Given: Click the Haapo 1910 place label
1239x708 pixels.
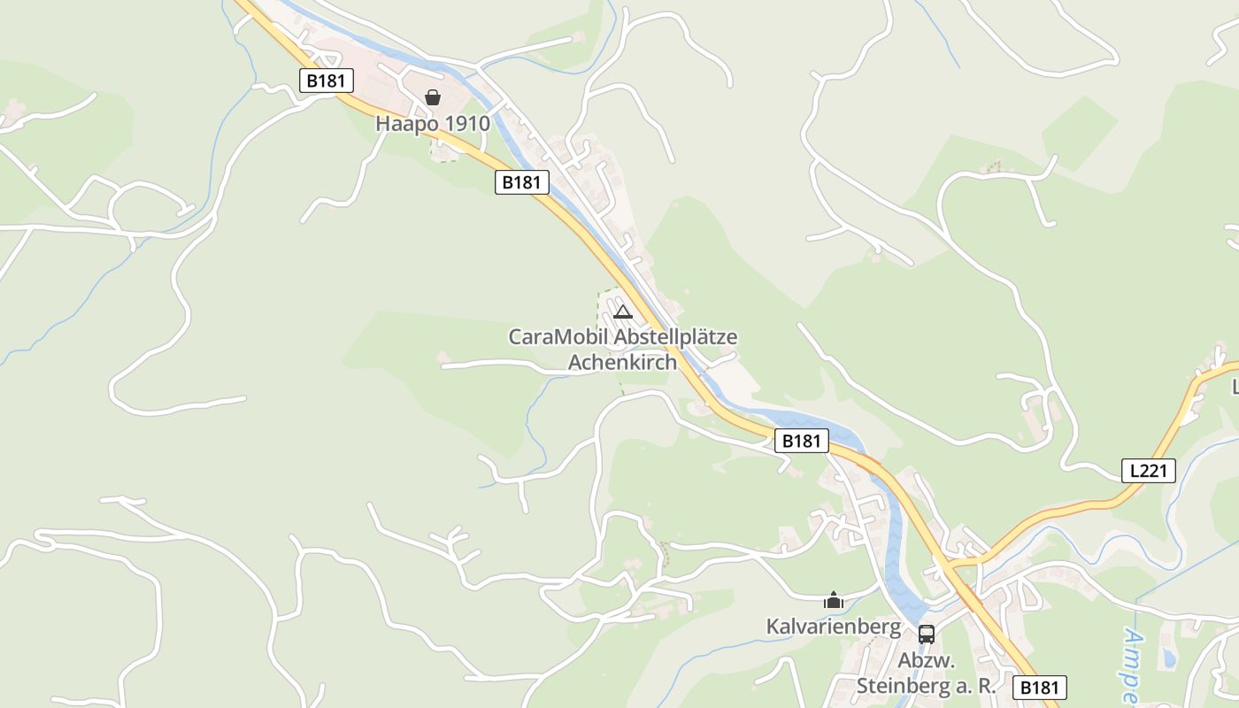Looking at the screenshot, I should (x=432, y=123).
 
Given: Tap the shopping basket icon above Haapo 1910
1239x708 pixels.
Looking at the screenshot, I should (x=433, y=97).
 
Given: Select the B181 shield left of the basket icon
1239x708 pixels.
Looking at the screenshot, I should (x=327, y=81).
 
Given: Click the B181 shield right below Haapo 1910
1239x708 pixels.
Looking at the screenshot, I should (x=521, y=182).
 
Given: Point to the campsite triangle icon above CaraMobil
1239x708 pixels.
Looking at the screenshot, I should (x=623, y=312).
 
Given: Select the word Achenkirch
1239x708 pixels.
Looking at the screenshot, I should (x=622, y=362).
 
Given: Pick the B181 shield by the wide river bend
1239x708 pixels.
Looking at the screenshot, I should (x=801, y=441).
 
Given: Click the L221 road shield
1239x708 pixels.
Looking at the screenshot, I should (x=1149, y=471).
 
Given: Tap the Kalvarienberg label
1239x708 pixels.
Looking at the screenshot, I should (x=833, y=627).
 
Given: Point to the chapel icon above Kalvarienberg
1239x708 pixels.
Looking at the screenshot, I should (x=834, y=601).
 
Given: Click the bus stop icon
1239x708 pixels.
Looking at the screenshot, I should (x=927, y=634).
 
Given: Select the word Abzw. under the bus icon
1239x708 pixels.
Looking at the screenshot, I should (x=926, y=661).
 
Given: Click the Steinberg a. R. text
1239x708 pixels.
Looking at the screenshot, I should (x=926, y=686).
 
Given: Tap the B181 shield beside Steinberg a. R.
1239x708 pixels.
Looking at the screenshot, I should (x=1039, y=688).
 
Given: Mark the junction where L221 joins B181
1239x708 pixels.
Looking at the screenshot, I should (x=951, y=564).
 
